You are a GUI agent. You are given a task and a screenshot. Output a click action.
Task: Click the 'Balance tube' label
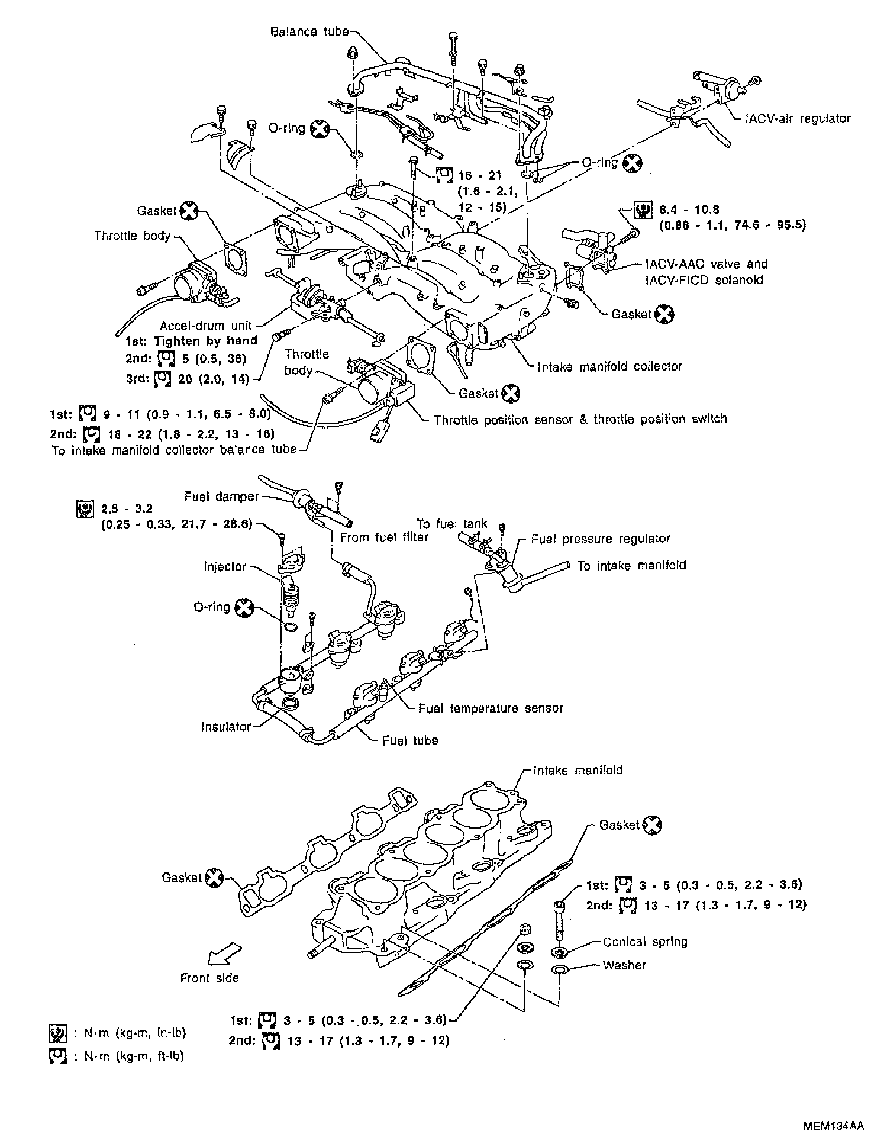point(309,31)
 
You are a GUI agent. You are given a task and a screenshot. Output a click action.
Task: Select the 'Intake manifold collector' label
point(609,366)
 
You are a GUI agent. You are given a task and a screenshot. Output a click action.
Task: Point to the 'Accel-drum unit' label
point(205,325)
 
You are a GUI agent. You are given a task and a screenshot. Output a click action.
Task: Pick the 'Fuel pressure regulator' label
point(601,539)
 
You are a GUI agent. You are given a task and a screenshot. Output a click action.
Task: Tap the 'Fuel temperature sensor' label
point(491,708)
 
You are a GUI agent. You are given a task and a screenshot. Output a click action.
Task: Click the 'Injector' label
point(225,566)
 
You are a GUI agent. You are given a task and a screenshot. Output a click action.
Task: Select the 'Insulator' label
point(226,726)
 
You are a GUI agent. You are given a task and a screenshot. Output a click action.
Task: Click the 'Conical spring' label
point(645,942)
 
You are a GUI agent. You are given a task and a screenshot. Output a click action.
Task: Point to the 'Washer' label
point(624,965)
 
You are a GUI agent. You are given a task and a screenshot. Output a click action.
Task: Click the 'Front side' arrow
point(225,952)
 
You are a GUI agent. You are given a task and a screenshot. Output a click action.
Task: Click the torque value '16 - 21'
point(479,176)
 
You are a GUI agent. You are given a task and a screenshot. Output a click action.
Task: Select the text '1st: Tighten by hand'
point(192,341)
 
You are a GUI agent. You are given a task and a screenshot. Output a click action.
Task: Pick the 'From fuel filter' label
point(384,537)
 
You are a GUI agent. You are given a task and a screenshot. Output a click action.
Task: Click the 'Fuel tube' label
point(410,740)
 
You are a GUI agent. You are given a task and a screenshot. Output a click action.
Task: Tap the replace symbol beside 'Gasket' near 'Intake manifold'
point(652,824)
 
